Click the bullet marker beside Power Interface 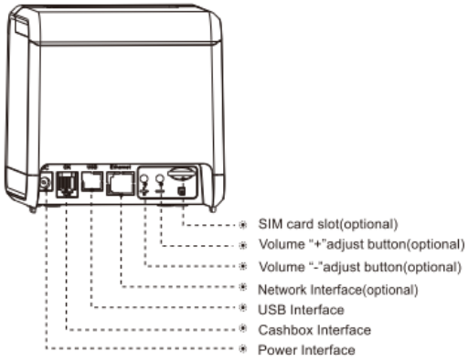point(243,350)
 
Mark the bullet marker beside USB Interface point(243,310)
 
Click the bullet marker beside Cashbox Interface point(243,329)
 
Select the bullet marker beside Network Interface point(243,289)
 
